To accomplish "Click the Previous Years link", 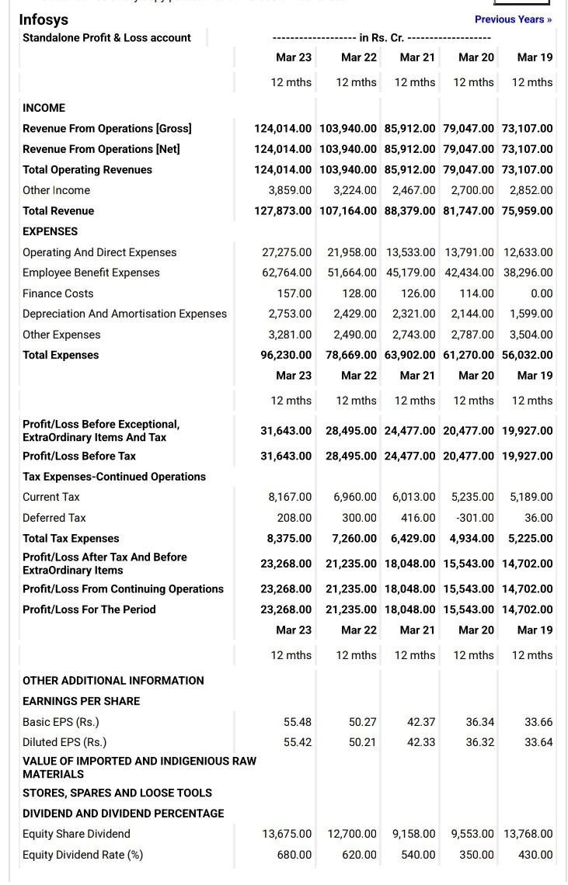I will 513,19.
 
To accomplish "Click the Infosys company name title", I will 44,19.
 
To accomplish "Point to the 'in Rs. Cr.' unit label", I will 382,37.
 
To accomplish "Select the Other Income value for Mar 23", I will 290,190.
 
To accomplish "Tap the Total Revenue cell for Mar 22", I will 347,211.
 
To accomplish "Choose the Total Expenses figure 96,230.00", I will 286,355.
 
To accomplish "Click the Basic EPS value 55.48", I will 298,722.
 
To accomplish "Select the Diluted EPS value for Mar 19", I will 538,742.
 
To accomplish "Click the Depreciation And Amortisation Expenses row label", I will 124,314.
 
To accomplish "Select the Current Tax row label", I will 51,497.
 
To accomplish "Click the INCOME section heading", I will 44,108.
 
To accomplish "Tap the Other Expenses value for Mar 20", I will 472,335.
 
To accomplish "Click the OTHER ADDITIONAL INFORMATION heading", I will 113,681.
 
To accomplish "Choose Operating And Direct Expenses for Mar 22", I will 351,252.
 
